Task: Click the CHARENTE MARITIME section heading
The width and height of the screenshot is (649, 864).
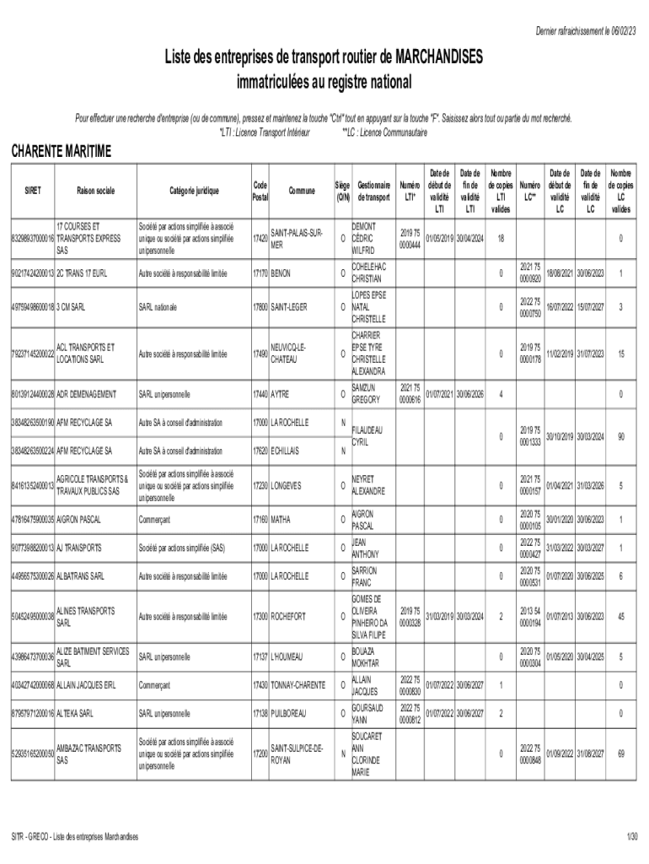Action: click(x=60, y=151)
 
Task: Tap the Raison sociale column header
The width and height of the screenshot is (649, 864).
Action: click(x=95, y=191)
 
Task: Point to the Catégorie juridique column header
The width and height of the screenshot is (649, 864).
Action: click(x=194, y=191)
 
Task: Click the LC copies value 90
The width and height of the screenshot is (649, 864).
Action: click(x=620, y=436)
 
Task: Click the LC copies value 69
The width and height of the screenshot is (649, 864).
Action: click(x=620, y=753)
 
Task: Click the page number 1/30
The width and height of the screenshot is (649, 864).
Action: click(x=632, y=836)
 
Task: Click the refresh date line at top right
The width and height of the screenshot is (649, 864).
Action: click(x=587, y=31)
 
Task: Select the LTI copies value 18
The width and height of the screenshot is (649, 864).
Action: click(x=501, y=239)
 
